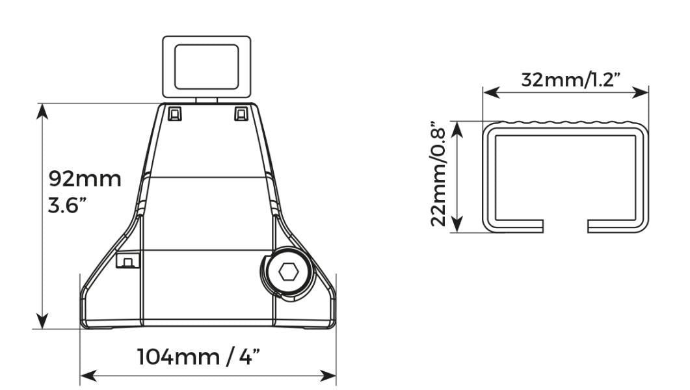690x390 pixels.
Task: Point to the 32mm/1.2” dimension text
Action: [x=572, y=80]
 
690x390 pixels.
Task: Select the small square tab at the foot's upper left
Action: [x=175, y=114]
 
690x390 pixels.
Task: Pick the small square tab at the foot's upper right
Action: [x=241, y=114]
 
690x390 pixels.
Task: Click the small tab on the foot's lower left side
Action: [x=128, y=261]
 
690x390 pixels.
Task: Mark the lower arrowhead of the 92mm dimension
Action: [x=42, y=321]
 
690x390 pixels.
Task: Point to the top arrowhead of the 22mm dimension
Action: [x=458, y=128]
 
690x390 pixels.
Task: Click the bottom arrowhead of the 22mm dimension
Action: [x=458, y=224]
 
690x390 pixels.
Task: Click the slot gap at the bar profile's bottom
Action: [x=565, y=226]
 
